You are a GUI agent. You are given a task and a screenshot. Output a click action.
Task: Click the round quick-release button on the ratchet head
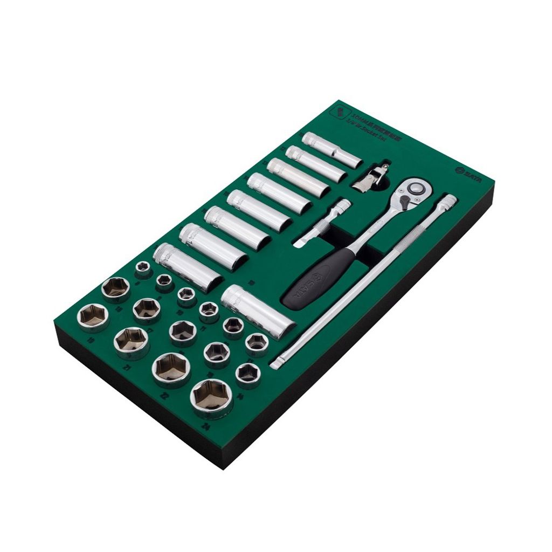pos(416,188)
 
